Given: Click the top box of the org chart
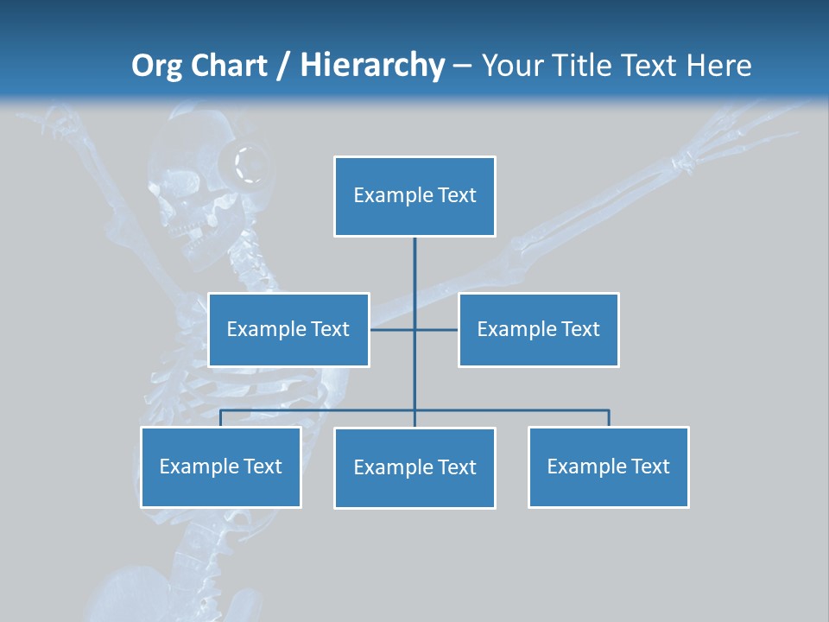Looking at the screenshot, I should click(x=414, y=196).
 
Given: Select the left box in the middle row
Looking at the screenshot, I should click(x=288, y=329).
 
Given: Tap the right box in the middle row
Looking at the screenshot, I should click(x=538, y=329).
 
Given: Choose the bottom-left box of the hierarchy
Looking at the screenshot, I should click(x=220, y=466).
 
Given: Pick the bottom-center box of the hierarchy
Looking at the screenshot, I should click(x=414, y=467).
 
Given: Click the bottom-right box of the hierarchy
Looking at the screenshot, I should click(x=608, y=466).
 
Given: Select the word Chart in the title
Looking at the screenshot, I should click(x=229, y=66).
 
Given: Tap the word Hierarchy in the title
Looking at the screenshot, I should click(x=372, y=66).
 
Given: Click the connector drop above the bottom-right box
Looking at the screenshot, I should click(x=608, y=418).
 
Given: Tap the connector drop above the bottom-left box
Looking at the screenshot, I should click(x=220, y=418).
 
